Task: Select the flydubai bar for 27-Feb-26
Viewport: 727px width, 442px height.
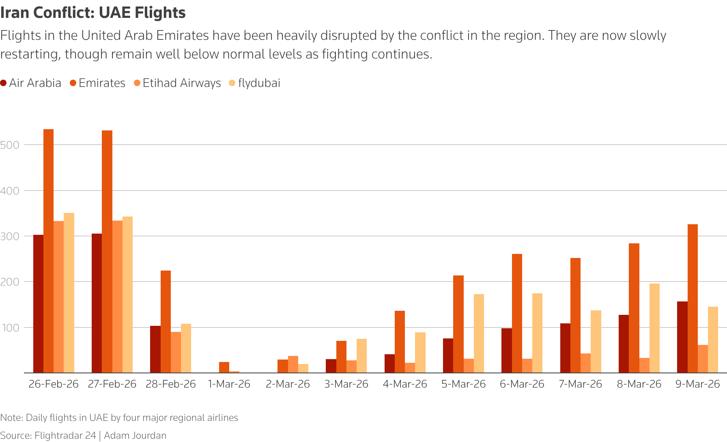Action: tap(127, 295)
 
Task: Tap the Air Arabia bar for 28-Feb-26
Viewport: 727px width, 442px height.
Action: tap(155, 349)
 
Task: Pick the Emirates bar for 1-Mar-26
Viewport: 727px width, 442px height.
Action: tap(224, 368)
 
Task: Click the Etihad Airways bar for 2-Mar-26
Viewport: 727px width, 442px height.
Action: tap(293, 364)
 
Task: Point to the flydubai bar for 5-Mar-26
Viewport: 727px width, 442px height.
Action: tap(479, 334)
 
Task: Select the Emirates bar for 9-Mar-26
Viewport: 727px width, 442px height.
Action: tap(693, 299)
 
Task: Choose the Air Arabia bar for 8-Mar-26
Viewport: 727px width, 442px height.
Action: tap(624, 344)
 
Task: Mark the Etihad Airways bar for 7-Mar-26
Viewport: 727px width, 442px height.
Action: tap(585, 363)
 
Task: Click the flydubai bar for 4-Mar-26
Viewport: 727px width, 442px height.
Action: tap(420, 353)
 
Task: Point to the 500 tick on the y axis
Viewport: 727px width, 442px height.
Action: tap(10, 145)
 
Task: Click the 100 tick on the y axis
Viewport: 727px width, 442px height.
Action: tap(10, 328)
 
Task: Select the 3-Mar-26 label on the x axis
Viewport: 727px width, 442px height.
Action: tap(346, 384)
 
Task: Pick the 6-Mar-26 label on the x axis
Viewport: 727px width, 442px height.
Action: tap(522, 384)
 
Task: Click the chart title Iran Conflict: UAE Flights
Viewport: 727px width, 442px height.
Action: tap(93, 13)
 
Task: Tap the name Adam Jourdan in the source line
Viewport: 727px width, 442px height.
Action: tap(135, 435)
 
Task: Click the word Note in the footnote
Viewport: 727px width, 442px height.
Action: tap(11, 418)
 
